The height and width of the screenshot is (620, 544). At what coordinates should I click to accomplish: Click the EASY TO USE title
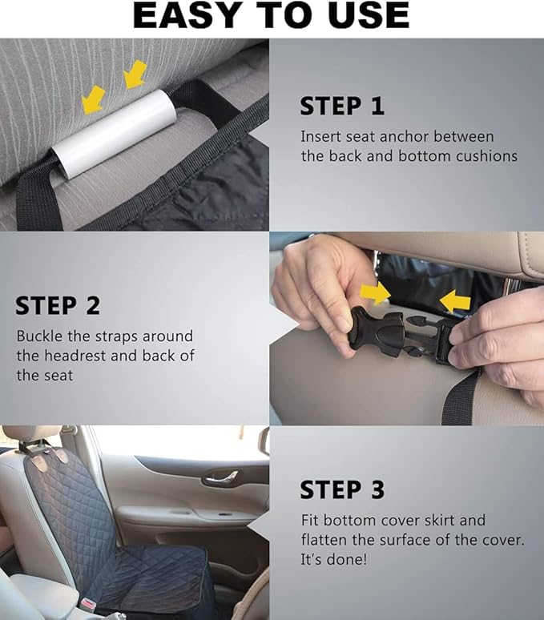tap(271, 16)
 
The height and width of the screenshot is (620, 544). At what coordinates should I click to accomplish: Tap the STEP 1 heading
tap(342, 106)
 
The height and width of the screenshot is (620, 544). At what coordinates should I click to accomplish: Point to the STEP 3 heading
tap(342, 489)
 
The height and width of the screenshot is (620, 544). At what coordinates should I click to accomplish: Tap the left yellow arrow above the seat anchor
tap(94, 100)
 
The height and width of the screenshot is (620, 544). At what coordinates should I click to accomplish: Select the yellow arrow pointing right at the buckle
tap(374, 294)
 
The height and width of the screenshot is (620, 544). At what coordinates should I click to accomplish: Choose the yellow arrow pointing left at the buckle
tap(455, 301)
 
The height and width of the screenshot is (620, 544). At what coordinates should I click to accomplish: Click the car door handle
tap(220, 478)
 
